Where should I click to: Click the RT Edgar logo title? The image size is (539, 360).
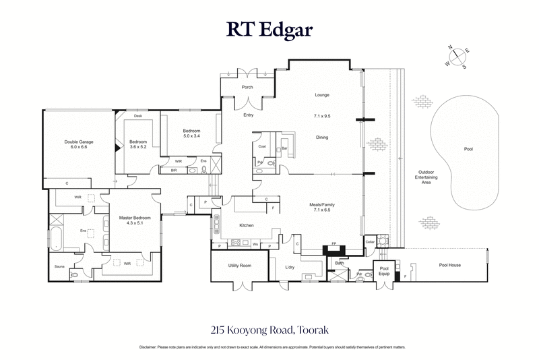(269, 30)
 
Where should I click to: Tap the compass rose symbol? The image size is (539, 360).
(456, 57)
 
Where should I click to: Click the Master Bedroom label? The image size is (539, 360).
(135, 217)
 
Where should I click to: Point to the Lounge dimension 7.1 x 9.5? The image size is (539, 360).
(322, 117)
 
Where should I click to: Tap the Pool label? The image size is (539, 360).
(468, 149)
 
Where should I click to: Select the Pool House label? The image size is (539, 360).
(449, 265)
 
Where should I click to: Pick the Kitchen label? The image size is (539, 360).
(246, 225)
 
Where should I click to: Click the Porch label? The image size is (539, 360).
(247, 87)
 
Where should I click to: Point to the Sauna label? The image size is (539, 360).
(59, 266)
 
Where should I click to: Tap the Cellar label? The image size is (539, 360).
(369, 241)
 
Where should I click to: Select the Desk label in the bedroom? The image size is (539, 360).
(137, 116)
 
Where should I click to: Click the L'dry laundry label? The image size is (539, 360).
(290, 267)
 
